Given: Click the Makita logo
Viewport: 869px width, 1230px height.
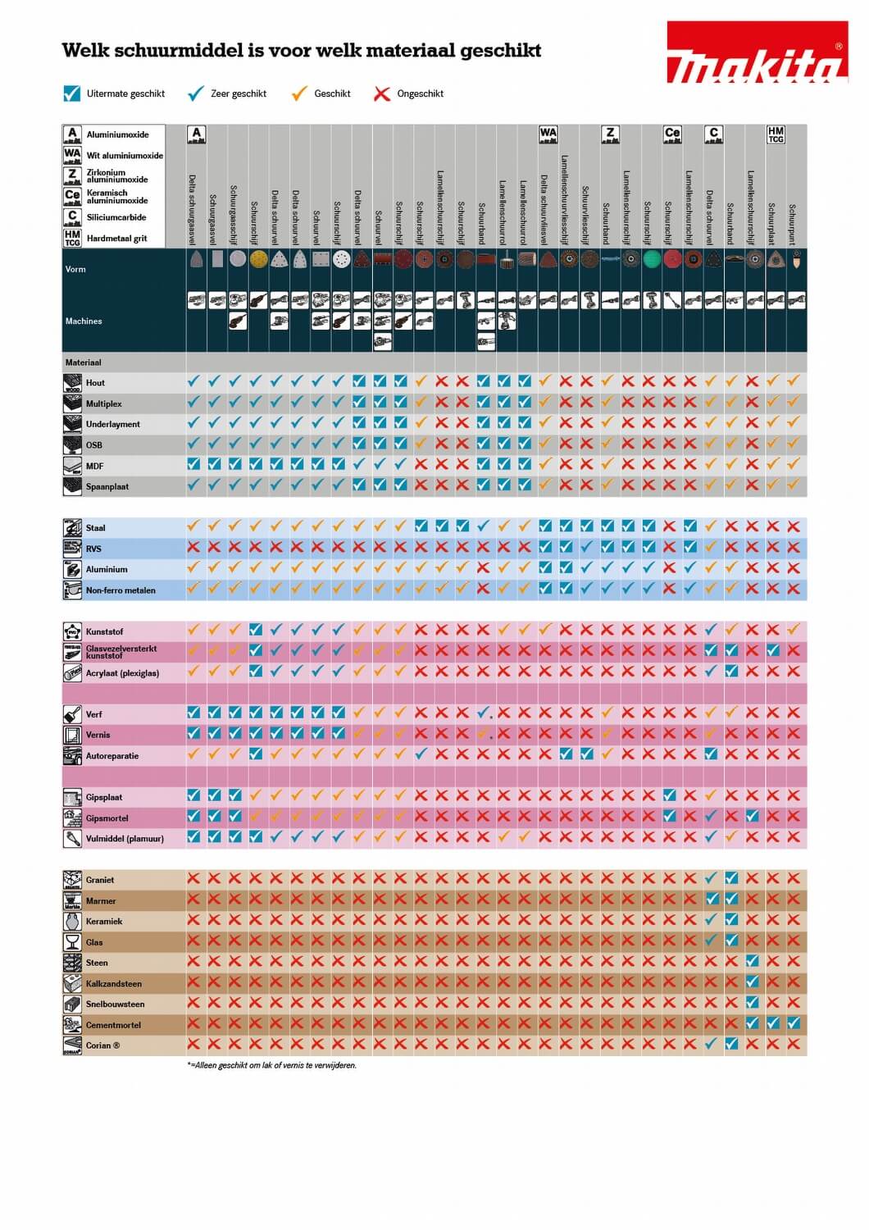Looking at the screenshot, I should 756,54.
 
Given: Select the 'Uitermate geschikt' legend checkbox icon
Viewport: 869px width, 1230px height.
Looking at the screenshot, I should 71,93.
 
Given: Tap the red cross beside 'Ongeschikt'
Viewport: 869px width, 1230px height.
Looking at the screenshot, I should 381,93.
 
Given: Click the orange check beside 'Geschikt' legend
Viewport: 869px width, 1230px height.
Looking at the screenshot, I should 299,93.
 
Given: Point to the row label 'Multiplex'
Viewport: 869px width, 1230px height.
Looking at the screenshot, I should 103,403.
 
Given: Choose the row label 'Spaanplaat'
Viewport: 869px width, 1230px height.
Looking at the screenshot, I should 107,486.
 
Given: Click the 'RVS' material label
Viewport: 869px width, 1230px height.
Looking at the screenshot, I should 94,549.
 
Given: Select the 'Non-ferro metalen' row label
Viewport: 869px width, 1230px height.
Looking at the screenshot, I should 120,590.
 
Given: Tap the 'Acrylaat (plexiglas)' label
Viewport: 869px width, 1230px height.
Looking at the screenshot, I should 122,673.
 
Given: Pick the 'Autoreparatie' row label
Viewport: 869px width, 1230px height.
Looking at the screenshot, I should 111,756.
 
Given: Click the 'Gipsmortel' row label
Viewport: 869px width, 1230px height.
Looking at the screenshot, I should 107,818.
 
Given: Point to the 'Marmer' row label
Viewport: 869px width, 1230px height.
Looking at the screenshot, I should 101,901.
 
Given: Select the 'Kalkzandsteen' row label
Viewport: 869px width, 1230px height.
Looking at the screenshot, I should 113,983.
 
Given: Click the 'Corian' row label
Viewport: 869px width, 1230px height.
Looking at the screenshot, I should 102,1045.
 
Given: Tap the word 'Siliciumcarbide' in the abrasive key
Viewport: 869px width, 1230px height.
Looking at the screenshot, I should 116,217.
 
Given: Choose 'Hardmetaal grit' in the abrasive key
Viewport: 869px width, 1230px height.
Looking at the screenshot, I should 116,239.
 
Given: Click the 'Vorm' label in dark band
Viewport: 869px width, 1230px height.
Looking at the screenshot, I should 75,269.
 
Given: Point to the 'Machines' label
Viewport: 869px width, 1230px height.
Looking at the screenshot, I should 84,321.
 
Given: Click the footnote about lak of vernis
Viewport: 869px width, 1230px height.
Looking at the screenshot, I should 271,1065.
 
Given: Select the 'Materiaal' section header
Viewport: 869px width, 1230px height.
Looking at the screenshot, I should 83,362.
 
